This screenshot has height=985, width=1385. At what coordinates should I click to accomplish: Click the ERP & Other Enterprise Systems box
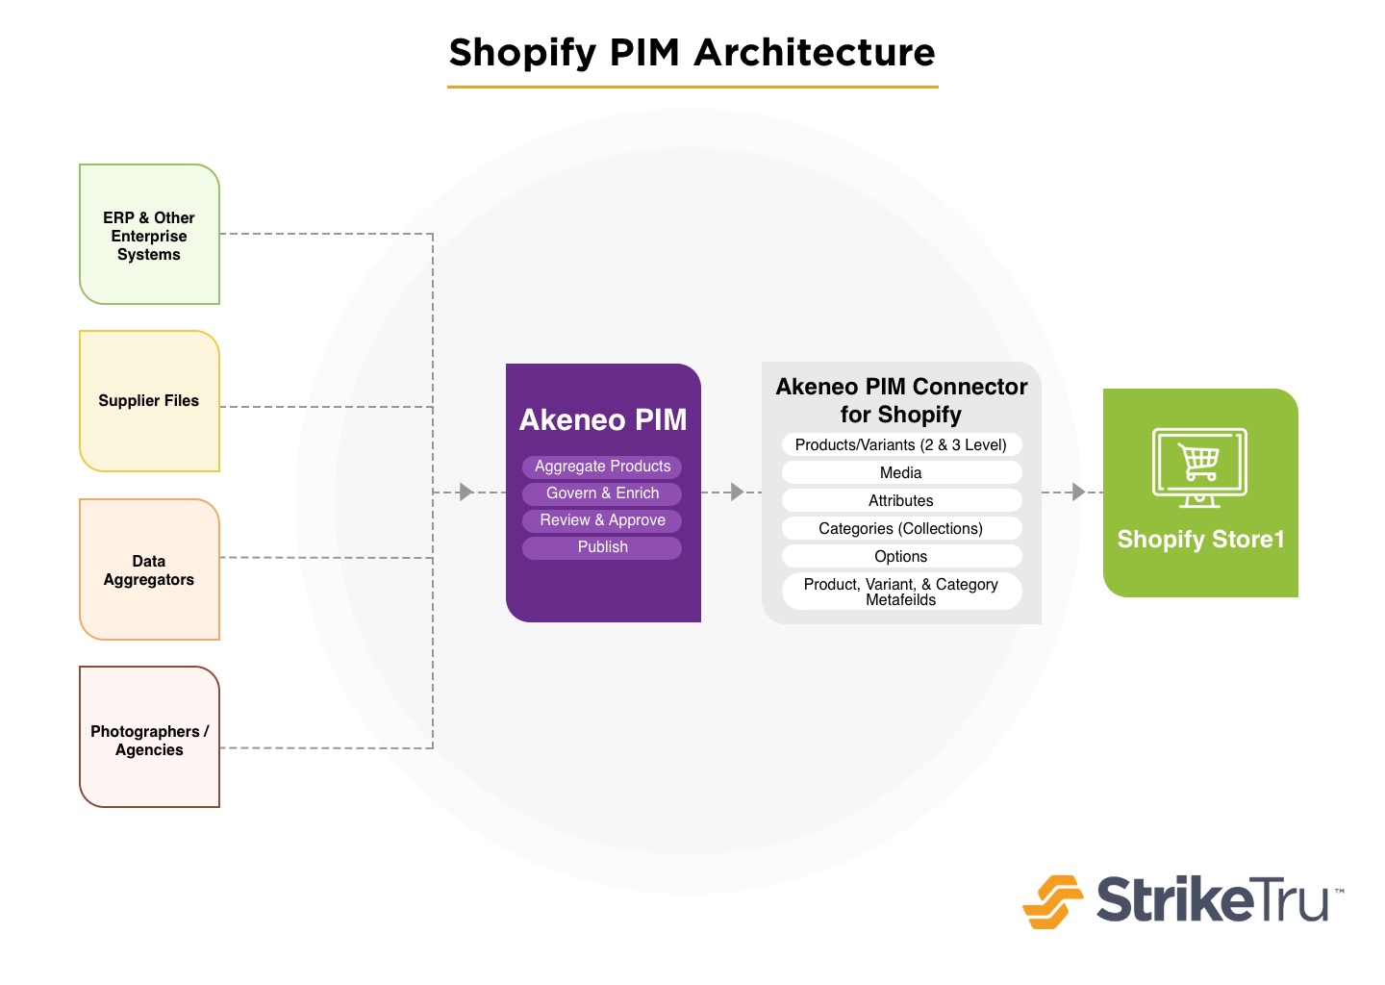[x=150, y=235]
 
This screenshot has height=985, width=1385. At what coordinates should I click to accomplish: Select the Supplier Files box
[x=150, y=401]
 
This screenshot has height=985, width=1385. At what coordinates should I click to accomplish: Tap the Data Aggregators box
[x=150, y=569]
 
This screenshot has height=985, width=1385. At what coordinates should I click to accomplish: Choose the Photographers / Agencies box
[x=150, y=737]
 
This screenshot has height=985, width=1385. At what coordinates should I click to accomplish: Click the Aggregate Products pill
[x=602, y=467]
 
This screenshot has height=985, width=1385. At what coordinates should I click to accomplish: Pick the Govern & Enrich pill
[x=602, y=493]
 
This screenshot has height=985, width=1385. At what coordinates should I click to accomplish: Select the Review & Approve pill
[x=602, y=520]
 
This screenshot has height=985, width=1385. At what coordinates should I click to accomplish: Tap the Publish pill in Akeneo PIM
[x=602, y=547]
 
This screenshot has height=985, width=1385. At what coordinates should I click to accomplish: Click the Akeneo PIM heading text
[x=603, y=419]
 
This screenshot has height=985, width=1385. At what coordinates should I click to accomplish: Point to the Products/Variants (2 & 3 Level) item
[x=901, y=444]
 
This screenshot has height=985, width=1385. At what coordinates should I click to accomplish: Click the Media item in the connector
[x=901, y=472]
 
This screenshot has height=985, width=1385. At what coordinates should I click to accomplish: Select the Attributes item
[x=901, y=500]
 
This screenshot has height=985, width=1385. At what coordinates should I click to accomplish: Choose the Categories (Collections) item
[x=901, y=528]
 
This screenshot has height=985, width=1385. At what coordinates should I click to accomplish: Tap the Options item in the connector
[x=901, y=556]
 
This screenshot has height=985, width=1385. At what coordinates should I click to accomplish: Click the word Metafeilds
[x=901, y=600]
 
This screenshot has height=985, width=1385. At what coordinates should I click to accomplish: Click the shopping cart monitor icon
[x=1199, y=468]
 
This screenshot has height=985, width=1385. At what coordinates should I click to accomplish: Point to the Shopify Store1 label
[x=1200, y=540]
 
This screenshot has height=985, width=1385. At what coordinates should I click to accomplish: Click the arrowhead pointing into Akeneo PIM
[x=466, y=492]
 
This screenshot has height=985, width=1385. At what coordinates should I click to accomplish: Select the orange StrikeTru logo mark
[x=1053, y=901]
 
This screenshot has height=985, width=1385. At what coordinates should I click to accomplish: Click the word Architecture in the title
[x=815, y=53]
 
